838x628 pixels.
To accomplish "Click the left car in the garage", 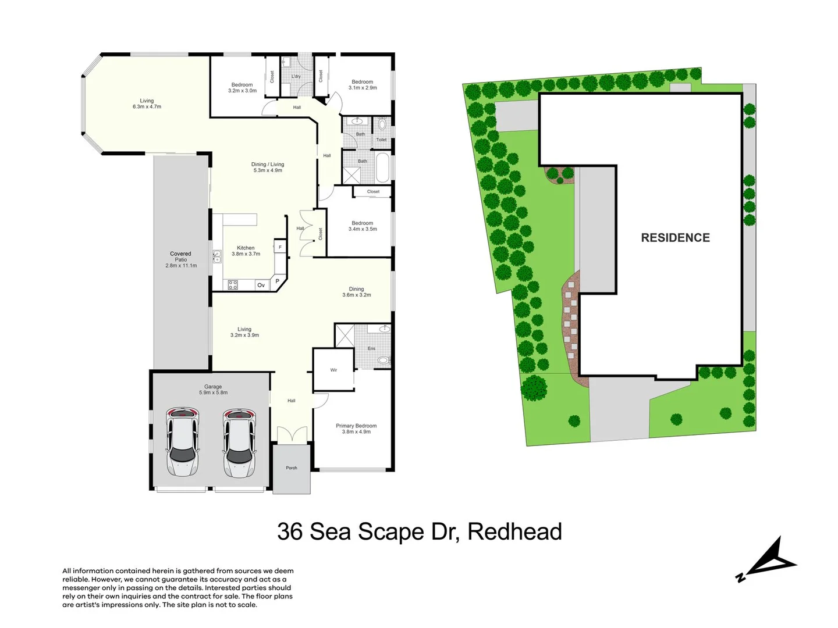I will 183,442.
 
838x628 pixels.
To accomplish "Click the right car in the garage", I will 239,442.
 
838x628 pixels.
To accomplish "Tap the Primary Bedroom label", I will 356,429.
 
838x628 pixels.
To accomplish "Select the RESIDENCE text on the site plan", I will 675,238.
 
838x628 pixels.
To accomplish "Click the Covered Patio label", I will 180,259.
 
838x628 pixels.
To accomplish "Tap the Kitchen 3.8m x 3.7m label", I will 246,251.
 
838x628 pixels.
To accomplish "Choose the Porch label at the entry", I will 292,468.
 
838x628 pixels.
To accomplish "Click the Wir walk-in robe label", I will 333,370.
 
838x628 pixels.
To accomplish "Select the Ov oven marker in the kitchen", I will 261,285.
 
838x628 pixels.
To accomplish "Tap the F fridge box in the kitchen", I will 280,247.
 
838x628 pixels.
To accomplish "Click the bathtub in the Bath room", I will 382,167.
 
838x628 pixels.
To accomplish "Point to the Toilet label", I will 381,140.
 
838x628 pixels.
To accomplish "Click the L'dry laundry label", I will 296,76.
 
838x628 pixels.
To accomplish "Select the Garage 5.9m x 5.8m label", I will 213,390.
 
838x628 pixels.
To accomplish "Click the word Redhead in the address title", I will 514,531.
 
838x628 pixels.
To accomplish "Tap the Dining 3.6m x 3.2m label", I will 356,292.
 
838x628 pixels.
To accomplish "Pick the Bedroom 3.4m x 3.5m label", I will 363,226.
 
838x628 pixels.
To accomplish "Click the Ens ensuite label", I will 371,348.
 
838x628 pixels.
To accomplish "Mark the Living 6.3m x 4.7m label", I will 147,104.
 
